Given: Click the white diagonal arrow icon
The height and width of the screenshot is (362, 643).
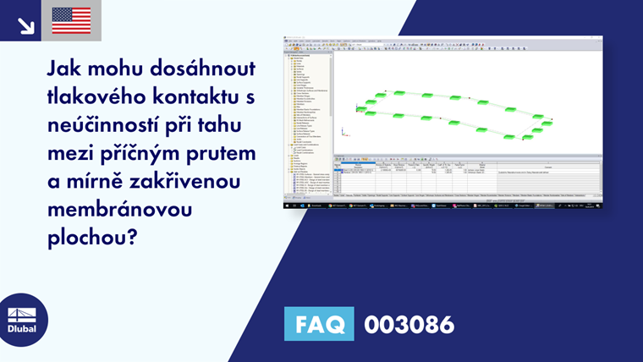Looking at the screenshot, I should (x=25, y=25).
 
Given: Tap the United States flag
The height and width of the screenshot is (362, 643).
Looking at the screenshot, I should (x=71, y=20).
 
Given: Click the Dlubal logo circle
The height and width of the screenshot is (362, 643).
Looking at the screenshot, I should (x=23, y=319).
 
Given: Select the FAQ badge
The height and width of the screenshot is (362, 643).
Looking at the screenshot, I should (x=320, y=324).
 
